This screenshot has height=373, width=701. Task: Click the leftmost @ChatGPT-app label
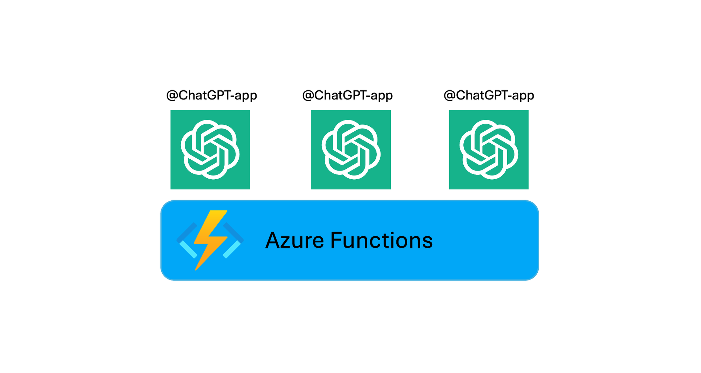(x=212, y=95)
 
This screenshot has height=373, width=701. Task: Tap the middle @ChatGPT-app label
(x=347, y=95)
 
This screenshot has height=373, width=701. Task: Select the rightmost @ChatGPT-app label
(x=489, y=95)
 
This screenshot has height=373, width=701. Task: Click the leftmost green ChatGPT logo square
(x=210, y=150)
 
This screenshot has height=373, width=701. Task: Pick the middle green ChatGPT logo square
(x=351, y=150)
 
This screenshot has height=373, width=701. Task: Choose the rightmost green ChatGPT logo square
(x=489, y=150)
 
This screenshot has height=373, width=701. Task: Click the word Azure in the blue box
(x=294, y=240)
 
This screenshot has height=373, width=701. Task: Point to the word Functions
(x=381, y=240)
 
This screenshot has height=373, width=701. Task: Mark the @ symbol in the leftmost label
(x=172, y=96)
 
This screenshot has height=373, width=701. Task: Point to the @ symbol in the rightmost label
(x=450, y=96)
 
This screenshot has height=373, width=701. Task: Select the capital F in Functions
(x=336, y=240)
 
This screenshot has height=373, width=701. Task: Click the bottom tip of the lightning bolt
(x=195, y=270)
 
